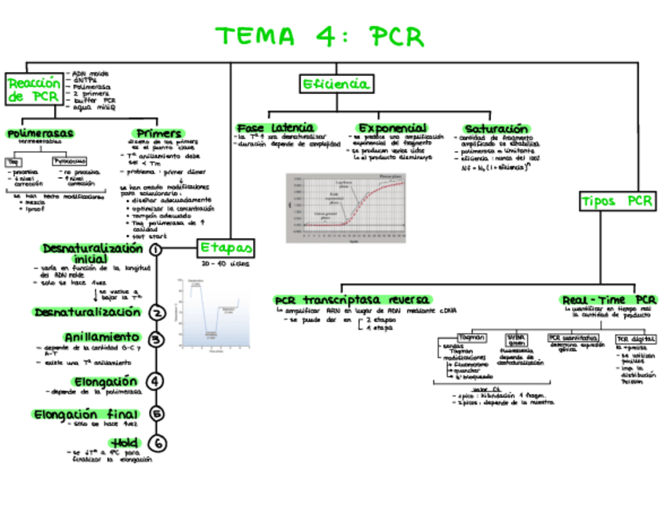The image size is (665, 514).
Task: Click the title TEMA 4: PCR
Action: [x=320, y=37]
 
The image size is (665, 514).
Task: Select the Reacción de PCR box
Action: [x=33, y=89]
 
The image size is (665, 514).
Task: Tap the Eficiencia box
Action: [x=336, y=84]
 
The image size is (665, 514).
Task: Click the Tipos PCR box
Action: [x=617, y=201]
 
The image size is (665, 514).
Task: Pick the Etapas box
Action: [x=226, y=248]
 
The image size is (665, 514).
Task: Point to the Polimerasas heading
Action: [x=40, y=133]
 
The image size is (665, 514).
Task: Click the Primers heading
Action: [x=159, y=133]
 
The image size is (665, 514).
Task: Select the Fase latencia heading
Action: [x=275, y=128]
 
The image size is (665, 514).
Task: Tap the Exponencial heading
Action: [x=392, y=128]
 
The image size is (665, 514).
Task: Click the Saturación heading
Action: [x=496, y=128]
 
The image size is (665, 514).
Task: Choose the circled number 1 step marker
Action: [x=155, y=249]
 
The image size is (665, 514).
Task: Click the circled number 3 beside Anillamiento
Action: [x=157, y=339]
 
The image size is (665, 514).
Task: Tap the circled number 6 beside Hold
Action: [x=157, y=443]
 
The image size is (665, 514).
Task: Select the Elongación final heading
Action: [x=86, y=414]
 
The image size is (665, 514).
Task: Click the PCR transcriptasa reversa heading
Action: [x=351, y=300]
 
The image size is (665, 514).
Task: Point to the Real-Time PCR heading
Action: [x=609, y=300]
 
